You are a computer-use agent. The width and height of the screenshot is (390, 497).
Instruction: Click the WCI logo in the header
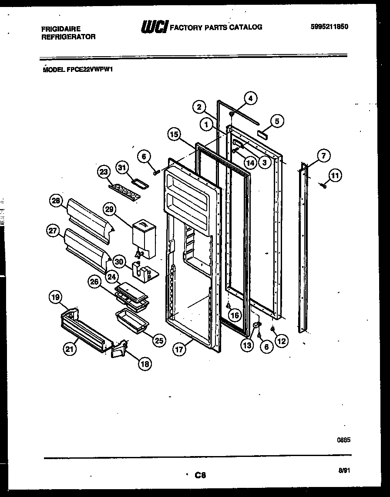[x=154, y=27]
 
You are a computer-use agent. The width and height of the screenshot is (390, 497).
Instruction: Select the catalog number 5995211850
[x=329, y=27]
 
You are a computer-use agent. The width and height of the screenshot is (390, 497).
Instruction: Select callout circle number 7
[x=323, y=156]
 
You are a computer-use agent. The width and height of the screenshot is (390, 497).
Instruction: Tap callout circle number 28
[x=56, y=201]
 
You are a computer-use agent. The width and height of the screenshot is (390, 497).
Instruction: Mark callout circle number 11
[x=335, y=176]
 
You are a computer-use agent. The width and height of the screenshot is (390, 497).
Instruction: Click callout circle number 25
[x=158, y=340]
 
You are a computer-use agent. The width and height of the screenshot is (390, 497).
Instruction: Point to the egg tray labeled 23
[x=125, y=191]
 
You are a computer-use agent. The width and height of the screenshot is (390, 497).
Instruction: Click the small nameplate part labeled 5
[x=262, y=135]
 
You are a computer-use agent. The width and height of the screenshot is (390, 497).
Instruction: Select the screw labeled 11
[x=323, y=186]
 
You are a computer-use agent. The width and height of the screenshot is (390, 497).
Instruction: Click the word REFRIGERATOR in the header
[x=68, y=37]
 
